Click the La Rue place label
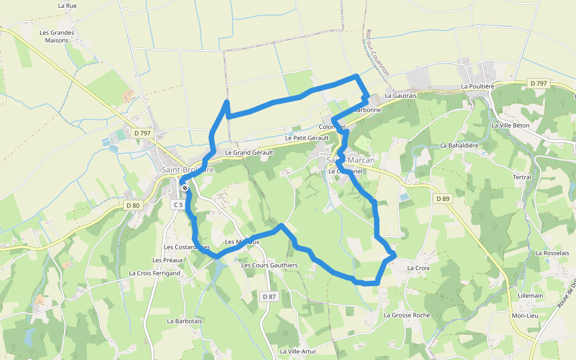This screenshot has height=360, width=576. (x=68, y=5)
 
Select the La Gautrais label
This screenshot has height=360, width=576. (x=400, y=95)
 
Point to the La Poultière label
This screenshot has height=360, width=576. (x=478, y=86)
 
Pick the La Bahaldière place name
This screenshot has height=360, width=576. (x=459, y=145)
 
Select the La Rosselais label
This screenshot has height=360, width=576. (x=552, y=253)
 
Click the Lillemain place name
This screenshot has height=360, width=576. (x=530, y=296)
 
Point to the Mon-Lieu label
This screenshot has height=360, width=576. (x=524, y=316)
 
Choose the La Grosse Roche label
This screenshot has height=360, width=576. (x=407, y=315)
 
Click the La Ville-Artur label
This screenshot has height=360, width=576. (x=298, y=351)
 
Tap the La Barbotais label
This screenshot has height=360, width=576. (x=185, y=321)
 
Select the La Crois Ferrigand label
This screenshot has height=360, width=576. (x=154, y=273)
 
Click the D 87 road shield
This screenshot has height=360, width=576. (x=269, y=296)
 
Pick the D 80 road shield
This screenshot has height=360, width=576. (x=133, y=205)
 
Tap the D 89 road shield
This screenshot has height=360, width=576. (x=443, y=199)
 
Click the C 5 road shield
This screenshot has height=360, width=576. (x=178, y=205)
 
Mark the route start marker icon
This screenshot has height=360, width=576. (x=185, y=188)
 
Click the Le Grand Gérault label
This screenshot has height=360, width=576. (x=248, y=153)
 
